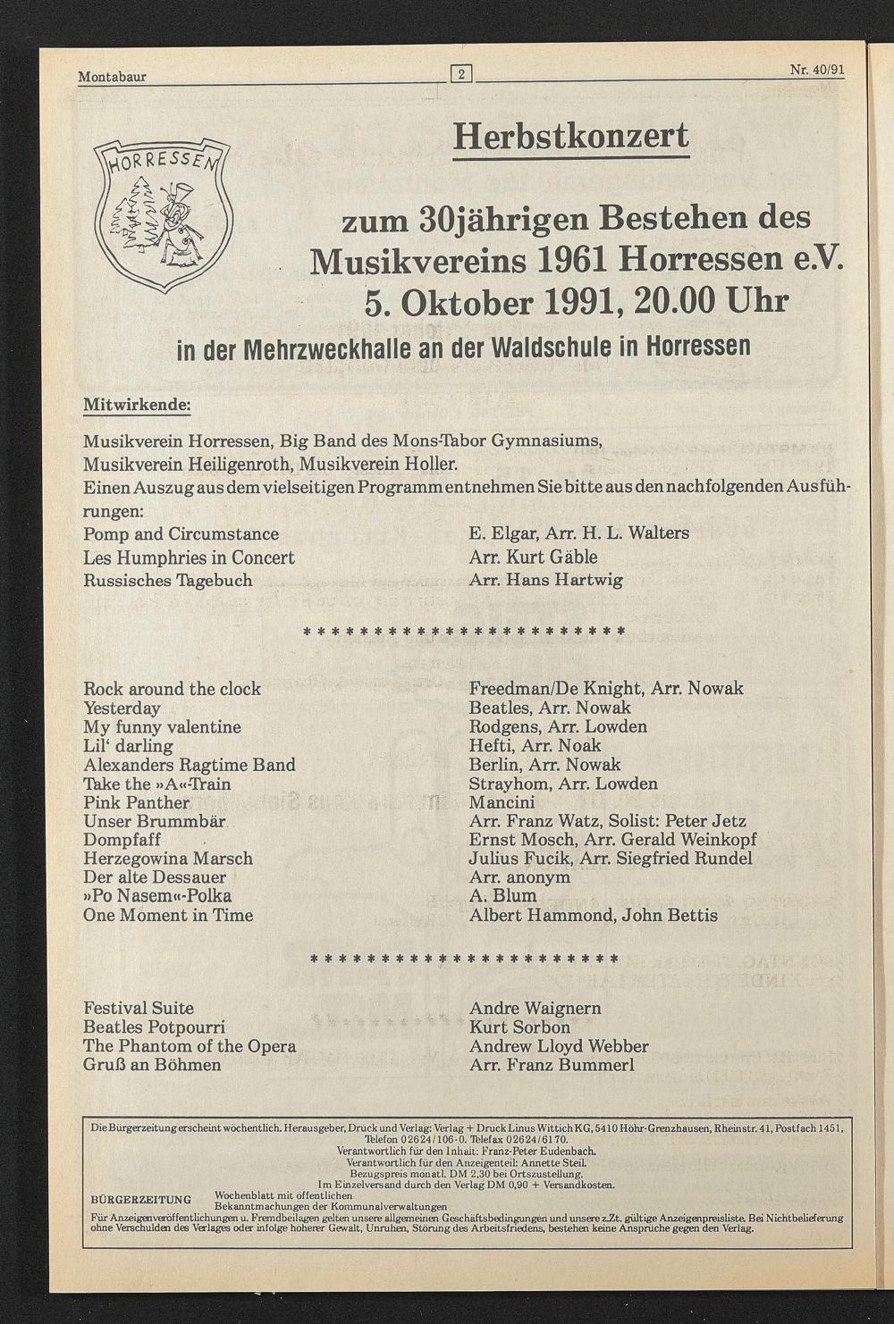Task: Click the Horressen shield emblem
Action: point(163,215)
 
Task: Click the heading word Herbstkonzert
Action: point(571,137)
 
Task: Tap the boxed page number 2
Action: point(460,75)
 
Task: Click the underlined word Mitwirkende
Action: point(137,404)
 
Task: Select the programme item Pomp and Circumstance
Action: point(181,534)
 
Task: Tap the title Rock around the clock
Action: point(172,689)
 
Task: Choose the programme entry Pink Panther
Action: point(136,802)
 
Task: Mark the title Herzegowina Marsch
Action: point(168,859)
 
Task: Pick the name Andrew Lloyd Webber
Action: point(559,1046)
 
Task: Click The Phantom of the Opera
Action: point(190,1046)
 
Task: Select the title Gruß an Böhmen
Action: point(152,1065)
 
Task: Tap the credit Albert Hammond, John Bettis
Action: point(593,915)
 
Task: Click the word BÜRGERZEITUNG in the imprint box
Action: point(142,1199)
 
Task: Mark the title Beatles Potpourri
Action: point(154,1027)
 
